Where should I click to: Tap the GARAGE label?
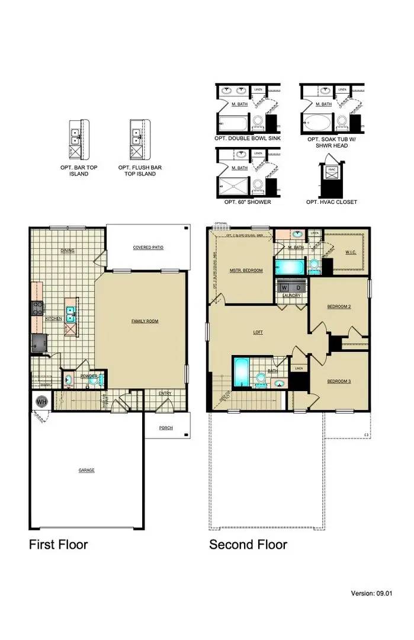point(86,470)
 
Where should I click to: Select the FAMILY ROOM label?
point(145,321)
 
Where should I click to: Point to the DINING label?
point(68,251)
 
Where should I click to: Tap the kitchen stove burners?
point(37,308)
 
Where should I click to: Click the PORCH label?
point(166,428)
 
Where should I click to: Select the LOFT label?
point(258,332)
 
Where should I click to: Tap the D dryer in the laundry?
point(299,287)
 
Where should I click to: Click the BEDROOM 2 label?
point(339,306)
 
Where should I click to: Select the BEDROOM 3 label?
point(339,381)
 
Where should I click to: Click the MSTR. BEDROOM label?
point(246,270)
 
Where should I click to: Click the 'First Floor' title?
point(58,544)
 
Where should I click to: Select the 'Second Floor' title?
point(248,544)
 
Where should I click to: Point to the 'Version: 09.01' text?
point(373,593)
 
